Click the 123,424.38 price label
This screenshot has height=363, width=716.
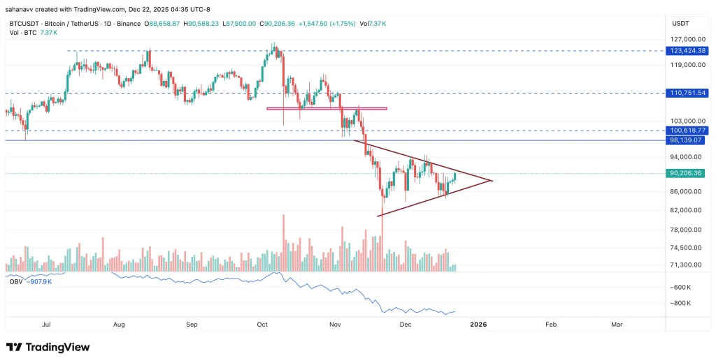click(x=688, y=51)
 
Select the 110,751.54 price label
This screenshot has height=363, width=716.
click(x=688, y=93)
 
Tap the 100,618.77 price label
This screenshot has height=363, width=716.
click(x=688, y=131)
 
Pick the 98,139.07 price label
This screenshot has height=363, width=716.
click(x=688, y=140)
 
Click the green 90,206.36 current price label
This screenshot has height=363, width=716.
click(x=688, y=174)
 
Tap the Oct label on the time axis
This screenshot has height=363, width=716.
click(x=263, y=325)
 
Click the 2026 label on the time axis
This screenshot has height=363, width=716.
click(x=478, y=325)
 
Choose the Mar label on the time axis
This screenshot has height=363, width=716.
click(x=617, y=325)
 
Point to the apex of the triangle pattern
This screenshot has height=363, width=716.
click(x=492, y=181)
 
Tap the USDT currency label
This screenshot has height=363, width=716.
click(x=680, y=23)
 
